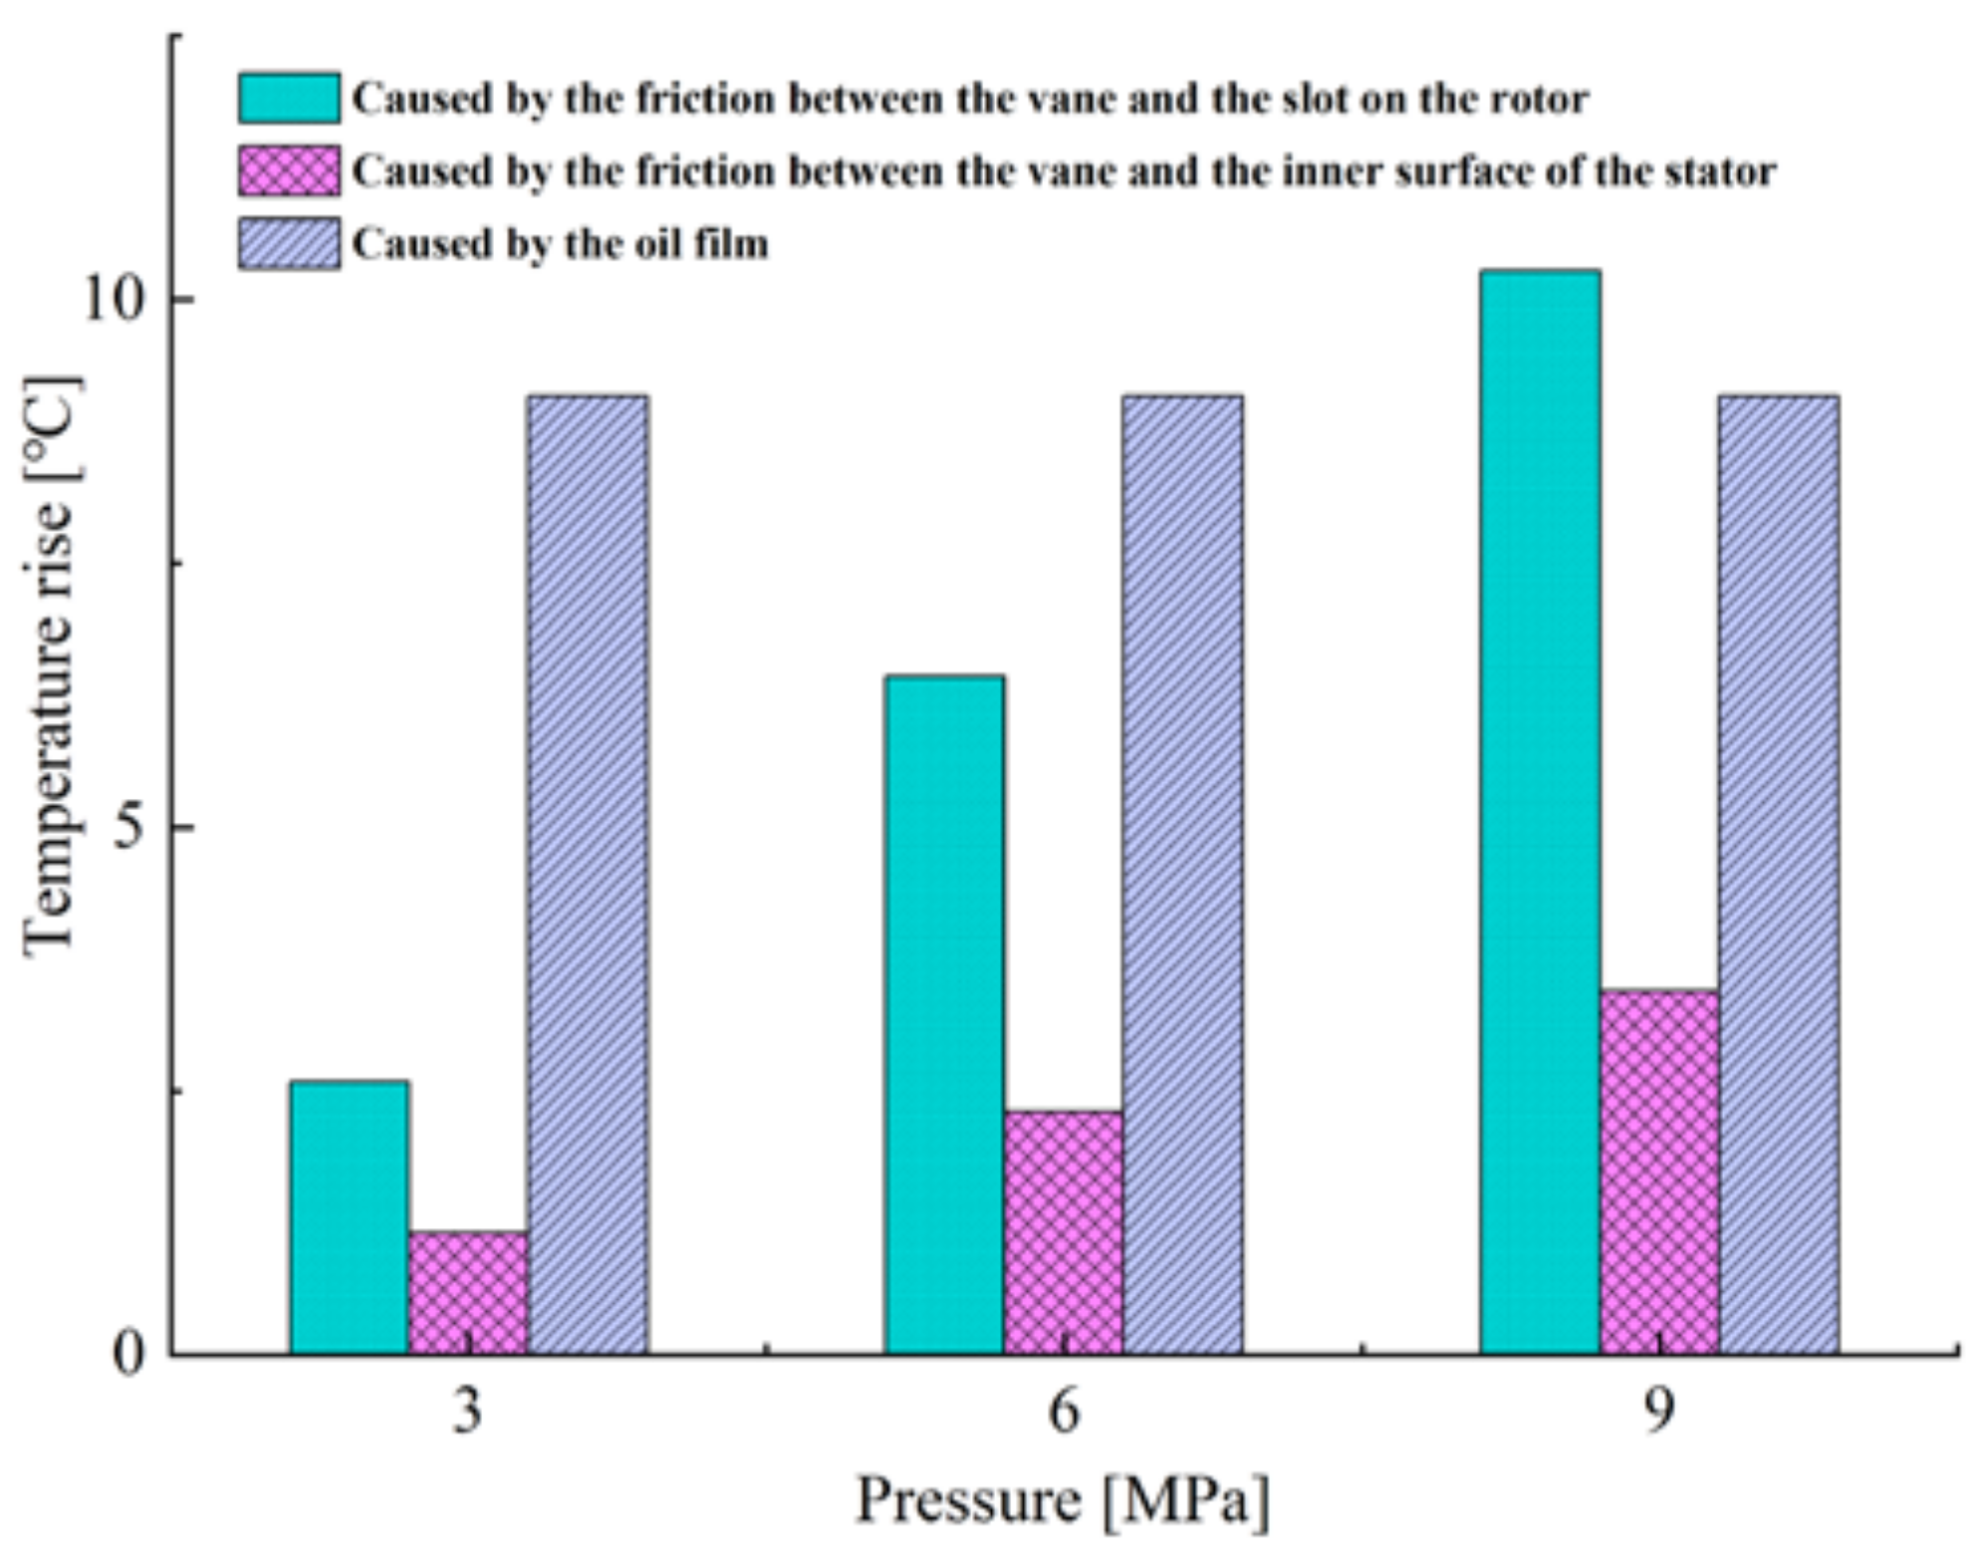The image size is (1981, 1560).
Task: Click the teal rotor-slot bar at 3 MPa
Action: (349, 1216)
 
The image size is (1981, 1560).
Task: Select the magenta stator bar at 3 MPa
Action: (468, 1292)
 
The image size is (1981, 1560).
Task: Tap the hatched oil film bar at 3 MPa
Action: (588, 874)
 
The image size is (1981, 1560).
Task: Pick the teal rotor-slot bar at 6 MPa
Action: (943, 1013)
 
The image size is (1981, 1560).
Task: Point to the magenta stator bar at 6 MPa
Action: (1063, 1231)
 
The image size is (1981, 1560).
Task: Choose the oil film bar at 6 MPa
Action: (1182, 874)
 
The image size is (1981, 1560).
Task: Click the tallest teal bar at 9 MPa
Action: (1540, 811)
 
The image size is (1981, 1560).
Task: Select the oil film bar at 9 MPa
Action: (1779, 874)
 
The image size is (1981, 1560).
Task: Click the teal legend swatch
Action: (289, 98)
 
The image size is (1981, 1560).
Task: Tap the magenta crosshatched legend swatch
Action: (289, 170)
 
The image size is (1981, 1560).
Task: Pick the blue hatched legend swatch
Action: (289, 244)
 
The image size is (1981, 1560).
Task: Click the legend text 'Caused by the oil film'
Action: (561, 244)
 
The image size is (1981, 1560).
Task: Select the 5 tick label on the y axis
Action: (129, 827)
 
